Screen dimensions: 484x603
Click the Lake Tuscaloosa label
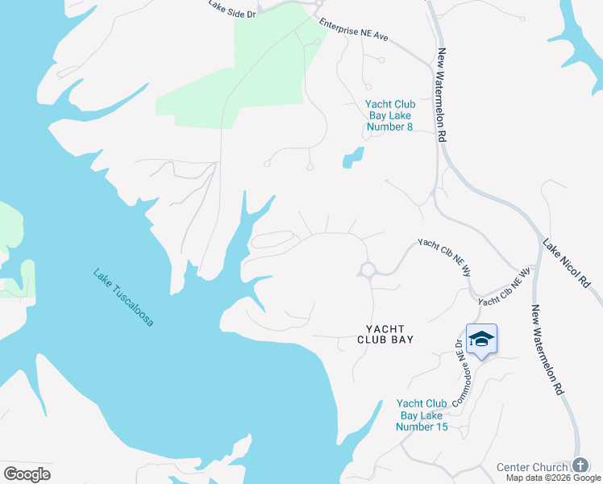point(123,297)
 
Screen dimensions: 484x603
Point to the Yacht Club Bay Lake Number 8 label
point(389,115)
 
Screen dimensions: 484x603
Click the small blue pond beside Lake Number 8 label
point(352,157)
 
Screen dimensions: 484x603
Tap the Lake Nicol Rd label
point(567,264)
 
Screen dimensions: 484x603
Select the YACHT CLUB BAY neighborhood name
point(385,334)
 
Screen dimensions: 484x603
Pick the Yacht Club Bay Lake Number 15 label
point(422,415)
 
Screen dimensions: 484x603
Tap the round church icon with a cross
point(580,466)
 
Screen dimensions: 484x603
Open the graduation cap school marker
point(481,339)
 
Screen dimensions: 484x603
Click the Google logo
point(27,474)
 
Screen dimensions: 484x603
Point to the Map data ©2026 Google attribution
point(554,478)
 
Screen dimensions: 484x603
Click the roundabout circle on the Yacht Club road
point(368,269)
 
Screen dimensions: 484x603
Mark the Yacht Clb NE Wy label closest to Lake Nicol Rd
point(505,286)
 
